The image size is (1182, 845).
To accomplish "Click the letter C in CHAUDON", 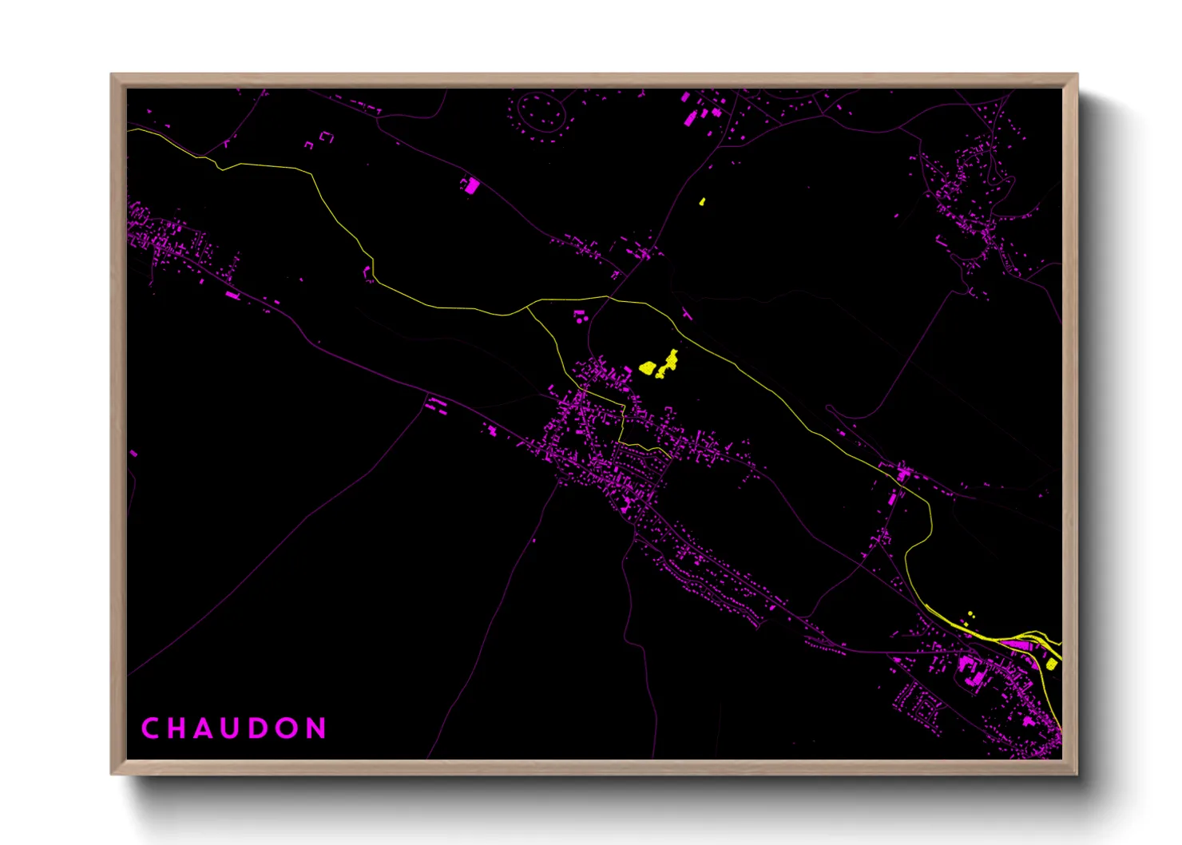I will tap(149, 728).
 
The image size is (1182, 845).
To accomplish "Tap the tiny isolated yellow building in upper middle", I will tap(702, 201).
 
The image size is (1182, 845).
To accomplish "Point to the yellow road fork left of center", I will tap(527, 307).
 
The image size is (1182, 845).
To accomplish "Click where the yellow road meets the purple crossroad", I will tap(609, 298).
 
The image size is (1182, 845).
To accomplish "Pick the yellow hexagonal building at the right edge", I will tap(1051, 664).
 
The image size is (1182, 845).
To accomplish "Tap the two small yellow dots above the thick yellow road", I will tap(970, 617).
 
